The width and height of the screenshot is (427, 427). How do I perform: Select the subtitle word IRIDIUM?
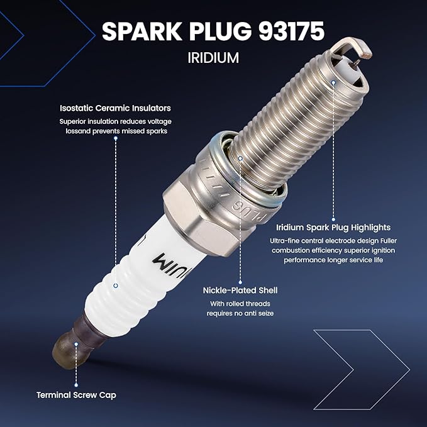point(213,58)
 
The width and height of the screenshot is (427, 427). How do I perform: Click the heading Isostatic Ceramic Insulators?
point(115,108)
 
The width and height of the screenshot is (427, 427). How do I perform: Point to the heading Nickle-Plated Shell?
point(240,291)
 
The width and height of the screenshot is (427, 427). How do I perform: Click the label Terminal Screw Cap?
point(76,395)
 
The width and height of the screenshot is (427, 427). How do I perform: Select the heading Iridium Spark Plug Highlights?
point(333,228)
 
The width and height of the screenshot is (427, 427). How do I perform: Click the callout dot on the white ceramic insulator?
point(116,286)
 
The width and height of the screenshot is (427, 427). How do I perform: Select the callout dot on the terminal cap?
point(76,344)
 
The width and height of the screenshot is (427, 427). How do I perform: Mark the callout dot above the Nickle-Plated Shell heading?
point(240,158)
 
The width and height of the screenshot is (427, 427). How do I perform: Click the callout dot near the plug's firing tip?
point(333,82)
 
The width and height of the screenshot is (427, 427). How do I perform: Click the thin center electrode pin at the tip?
point(356,63)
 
